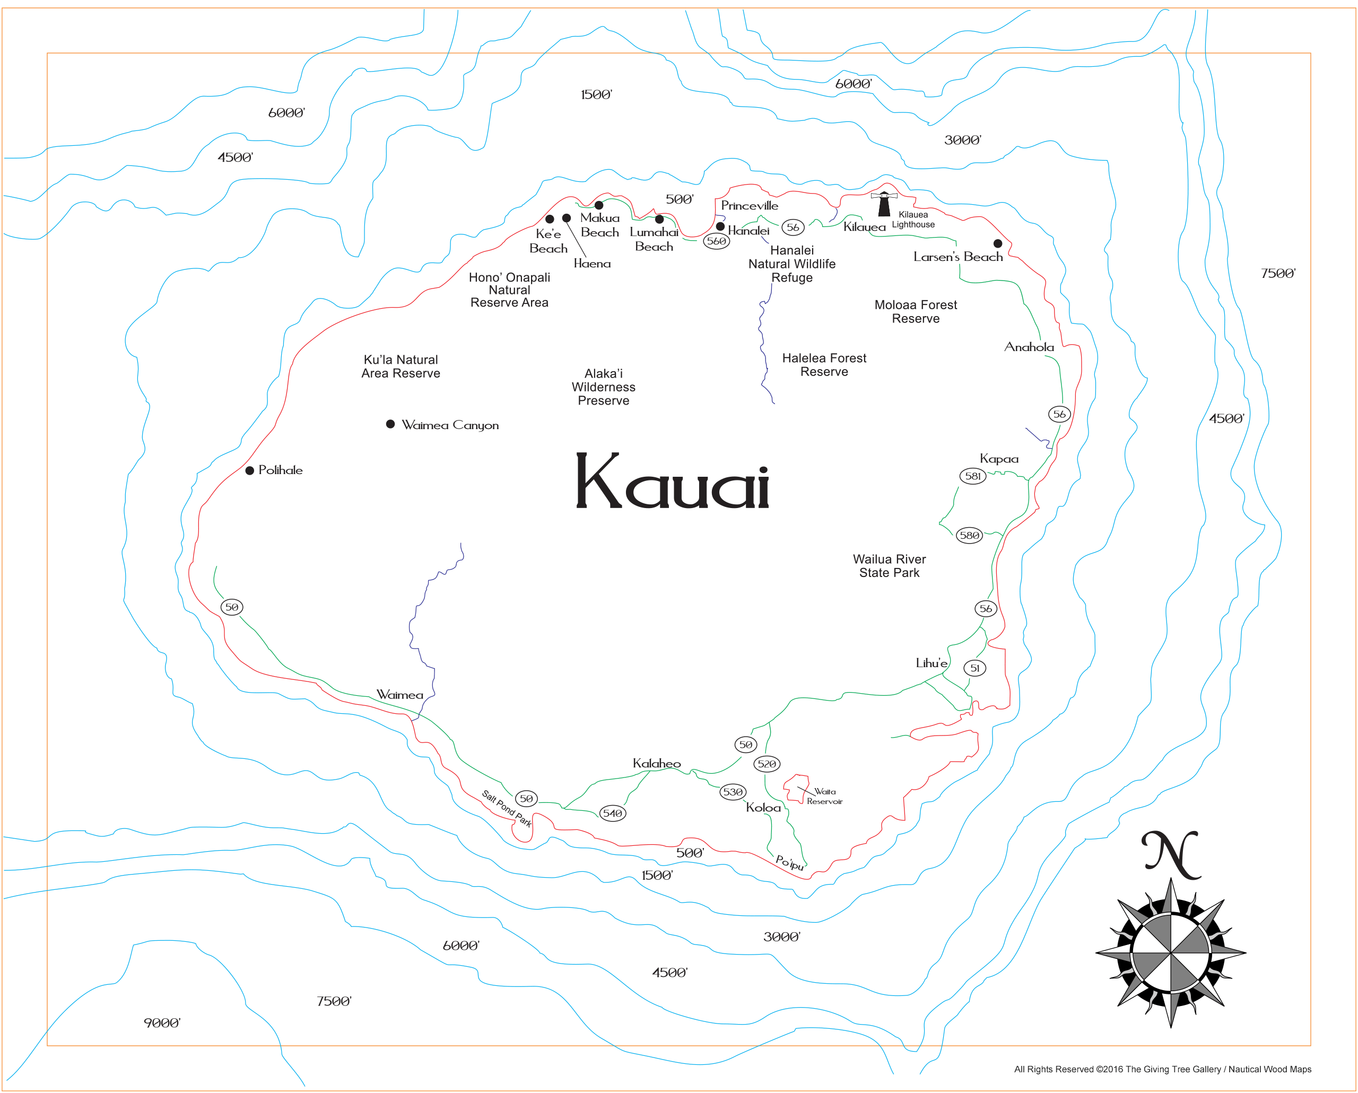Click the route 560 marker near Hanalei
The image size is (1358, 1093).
tap(716, 241)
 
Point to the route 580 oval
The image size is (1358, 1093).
tap(969, 536)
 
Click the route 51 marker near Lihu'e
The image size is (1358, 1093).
tap(974, 668)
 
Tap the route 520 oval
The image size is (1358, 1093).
tap(767, 764)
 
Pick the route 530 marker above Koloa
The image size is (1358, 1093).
tap(733, 792)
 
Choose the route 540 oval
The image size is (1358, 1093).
tap(612, 814)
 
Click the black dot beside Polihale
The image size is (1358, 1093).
tap(249, 470)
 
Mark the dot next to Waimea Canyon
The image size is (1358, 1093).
tap(390, 424)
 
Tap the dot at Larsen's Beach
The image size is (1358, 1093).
tap(998, 243)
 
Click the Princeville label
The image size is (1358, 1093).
tap(750, 206)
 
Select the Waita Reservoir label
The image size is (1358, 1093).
tap(824, 797)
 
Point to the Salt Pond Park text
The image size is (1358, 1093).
tap(507, 808)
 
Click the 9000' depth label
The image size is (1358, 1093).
tap(162, 1023)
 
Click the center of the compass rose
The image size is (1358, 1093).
tap(1170, 952)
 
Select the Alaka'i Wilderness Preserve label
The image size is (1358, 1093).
tap(604, 387)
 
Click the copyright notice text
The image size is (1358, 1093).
tap(1162, 1069)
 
